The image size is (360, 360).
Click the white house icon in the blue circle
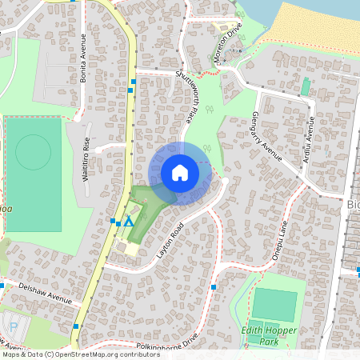click(180, 172)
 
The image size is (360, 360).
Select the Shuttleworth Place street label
click(186, 96)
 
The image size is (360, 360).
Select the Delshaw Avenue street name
click(44, 292)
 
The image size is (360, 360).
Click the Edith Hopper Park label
click(267, 335)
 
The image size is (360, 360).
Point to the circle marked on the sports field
click(33, 152)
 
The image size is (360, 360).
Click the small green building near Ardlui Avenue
click(305, 86)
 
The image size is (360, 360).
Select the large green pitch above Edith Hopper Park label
click(274, 304)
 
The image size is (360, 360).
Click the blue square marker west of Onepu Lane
click(214, 286)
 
